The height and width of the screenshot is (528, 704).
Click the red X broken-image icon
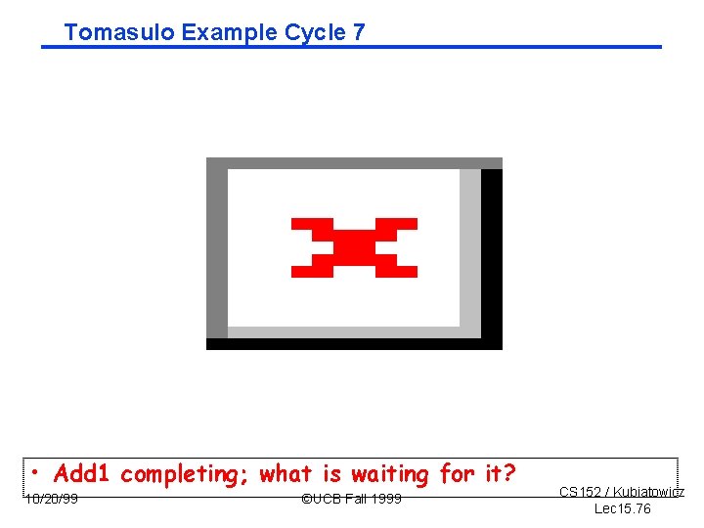[x=354, y=247]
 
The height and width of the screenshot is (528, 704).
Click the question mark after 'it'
[x=509, y=474]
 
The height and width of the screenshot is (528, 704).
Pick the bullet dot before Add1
[x=35, y=474]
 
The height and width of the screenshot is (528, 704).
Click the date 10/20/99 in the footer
[x=52, y=500]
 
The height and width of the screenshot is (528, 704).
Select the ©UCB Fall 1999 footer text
[x=351, y=500]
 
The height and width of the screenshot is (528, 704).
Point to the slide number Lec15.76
[x=622, y=509]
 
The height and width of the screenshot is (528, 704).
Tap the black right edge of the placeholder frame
[x=492, y=254]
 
